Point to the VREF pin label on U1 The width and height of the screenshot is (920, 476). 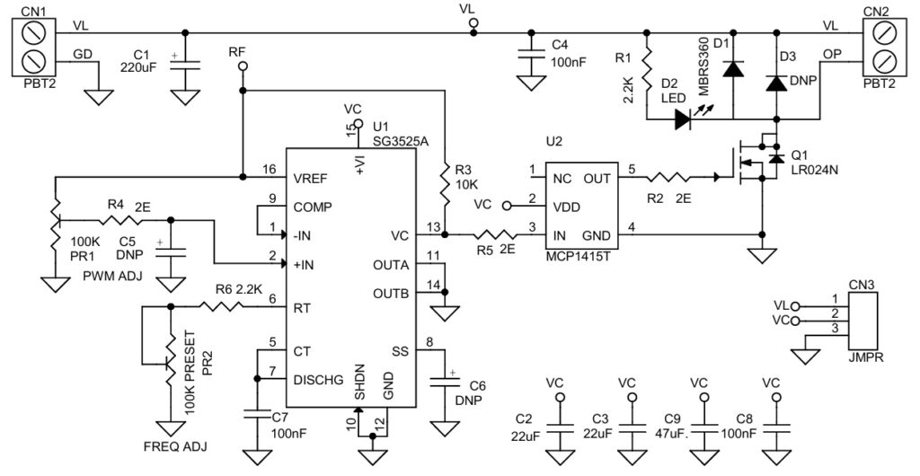312,178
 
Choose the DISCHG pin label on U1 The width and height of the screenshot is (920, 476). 319,380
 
